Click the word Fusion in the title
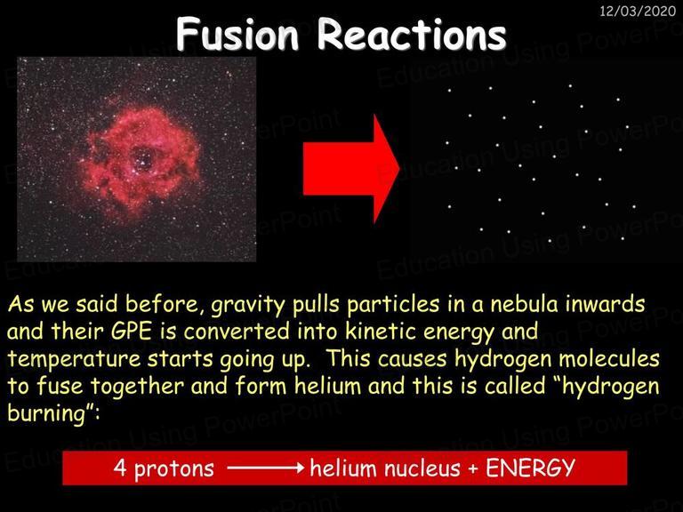tap(237, 34)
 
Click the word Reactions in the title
tap(412, 34)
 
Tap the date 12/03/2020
tap(638, 11)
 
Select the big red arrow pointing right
tap(351, 169)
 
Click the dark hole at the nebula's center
tap(142, 158)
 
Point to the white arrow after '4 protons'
tap(265, 468)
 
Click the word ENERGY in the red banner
tap(530, 468)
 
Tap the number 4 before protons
tap(120, 468)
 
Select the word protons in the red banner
tap(174, 469)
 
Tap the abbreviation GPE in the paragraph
tap(131, 332)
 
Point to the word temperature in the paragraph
tap(74, 360)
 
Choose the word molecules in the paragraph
tap(609, 358)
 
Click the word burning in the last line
tap(47, 413)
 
